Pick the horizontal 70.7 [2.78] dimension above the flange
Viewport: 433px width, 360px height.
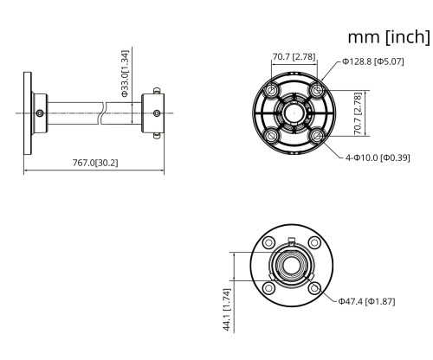click(x=294, y=57)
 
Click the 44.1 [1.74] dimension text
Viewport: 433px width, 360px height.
click(x=227, y=308)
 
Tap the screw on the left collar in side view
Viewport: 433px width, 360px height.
click(x=39, y=112)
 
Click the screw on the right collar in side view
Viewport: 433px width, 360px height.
click(x=156, y=112)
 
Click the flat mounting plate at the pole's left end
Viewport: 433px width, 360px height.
click(x=26, y=112)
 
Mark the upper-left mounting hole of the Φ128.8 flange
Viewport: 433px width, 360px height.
click(x=271, y=91)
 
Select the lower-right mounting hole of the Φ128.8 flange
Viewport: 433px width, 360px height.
click(x=317, y=136)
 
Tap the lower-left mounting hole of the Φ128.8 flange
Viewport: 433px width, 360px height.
click(x=271, y=136)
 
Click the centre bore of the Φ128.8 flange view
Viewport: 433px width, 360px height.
click(x=294, y=113)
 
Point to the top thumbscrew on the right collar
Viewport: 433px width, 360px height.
click(x=156, y=88)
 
